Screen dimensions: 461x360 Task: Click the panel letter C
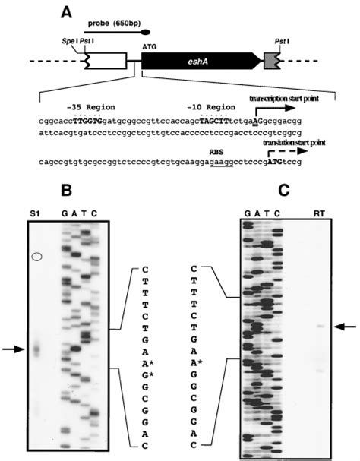coord(284,191)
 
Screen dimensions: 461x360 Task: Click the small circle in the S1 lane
coord(36,257)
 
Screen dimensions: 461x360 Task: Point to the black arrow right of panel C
coord(345,326)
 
